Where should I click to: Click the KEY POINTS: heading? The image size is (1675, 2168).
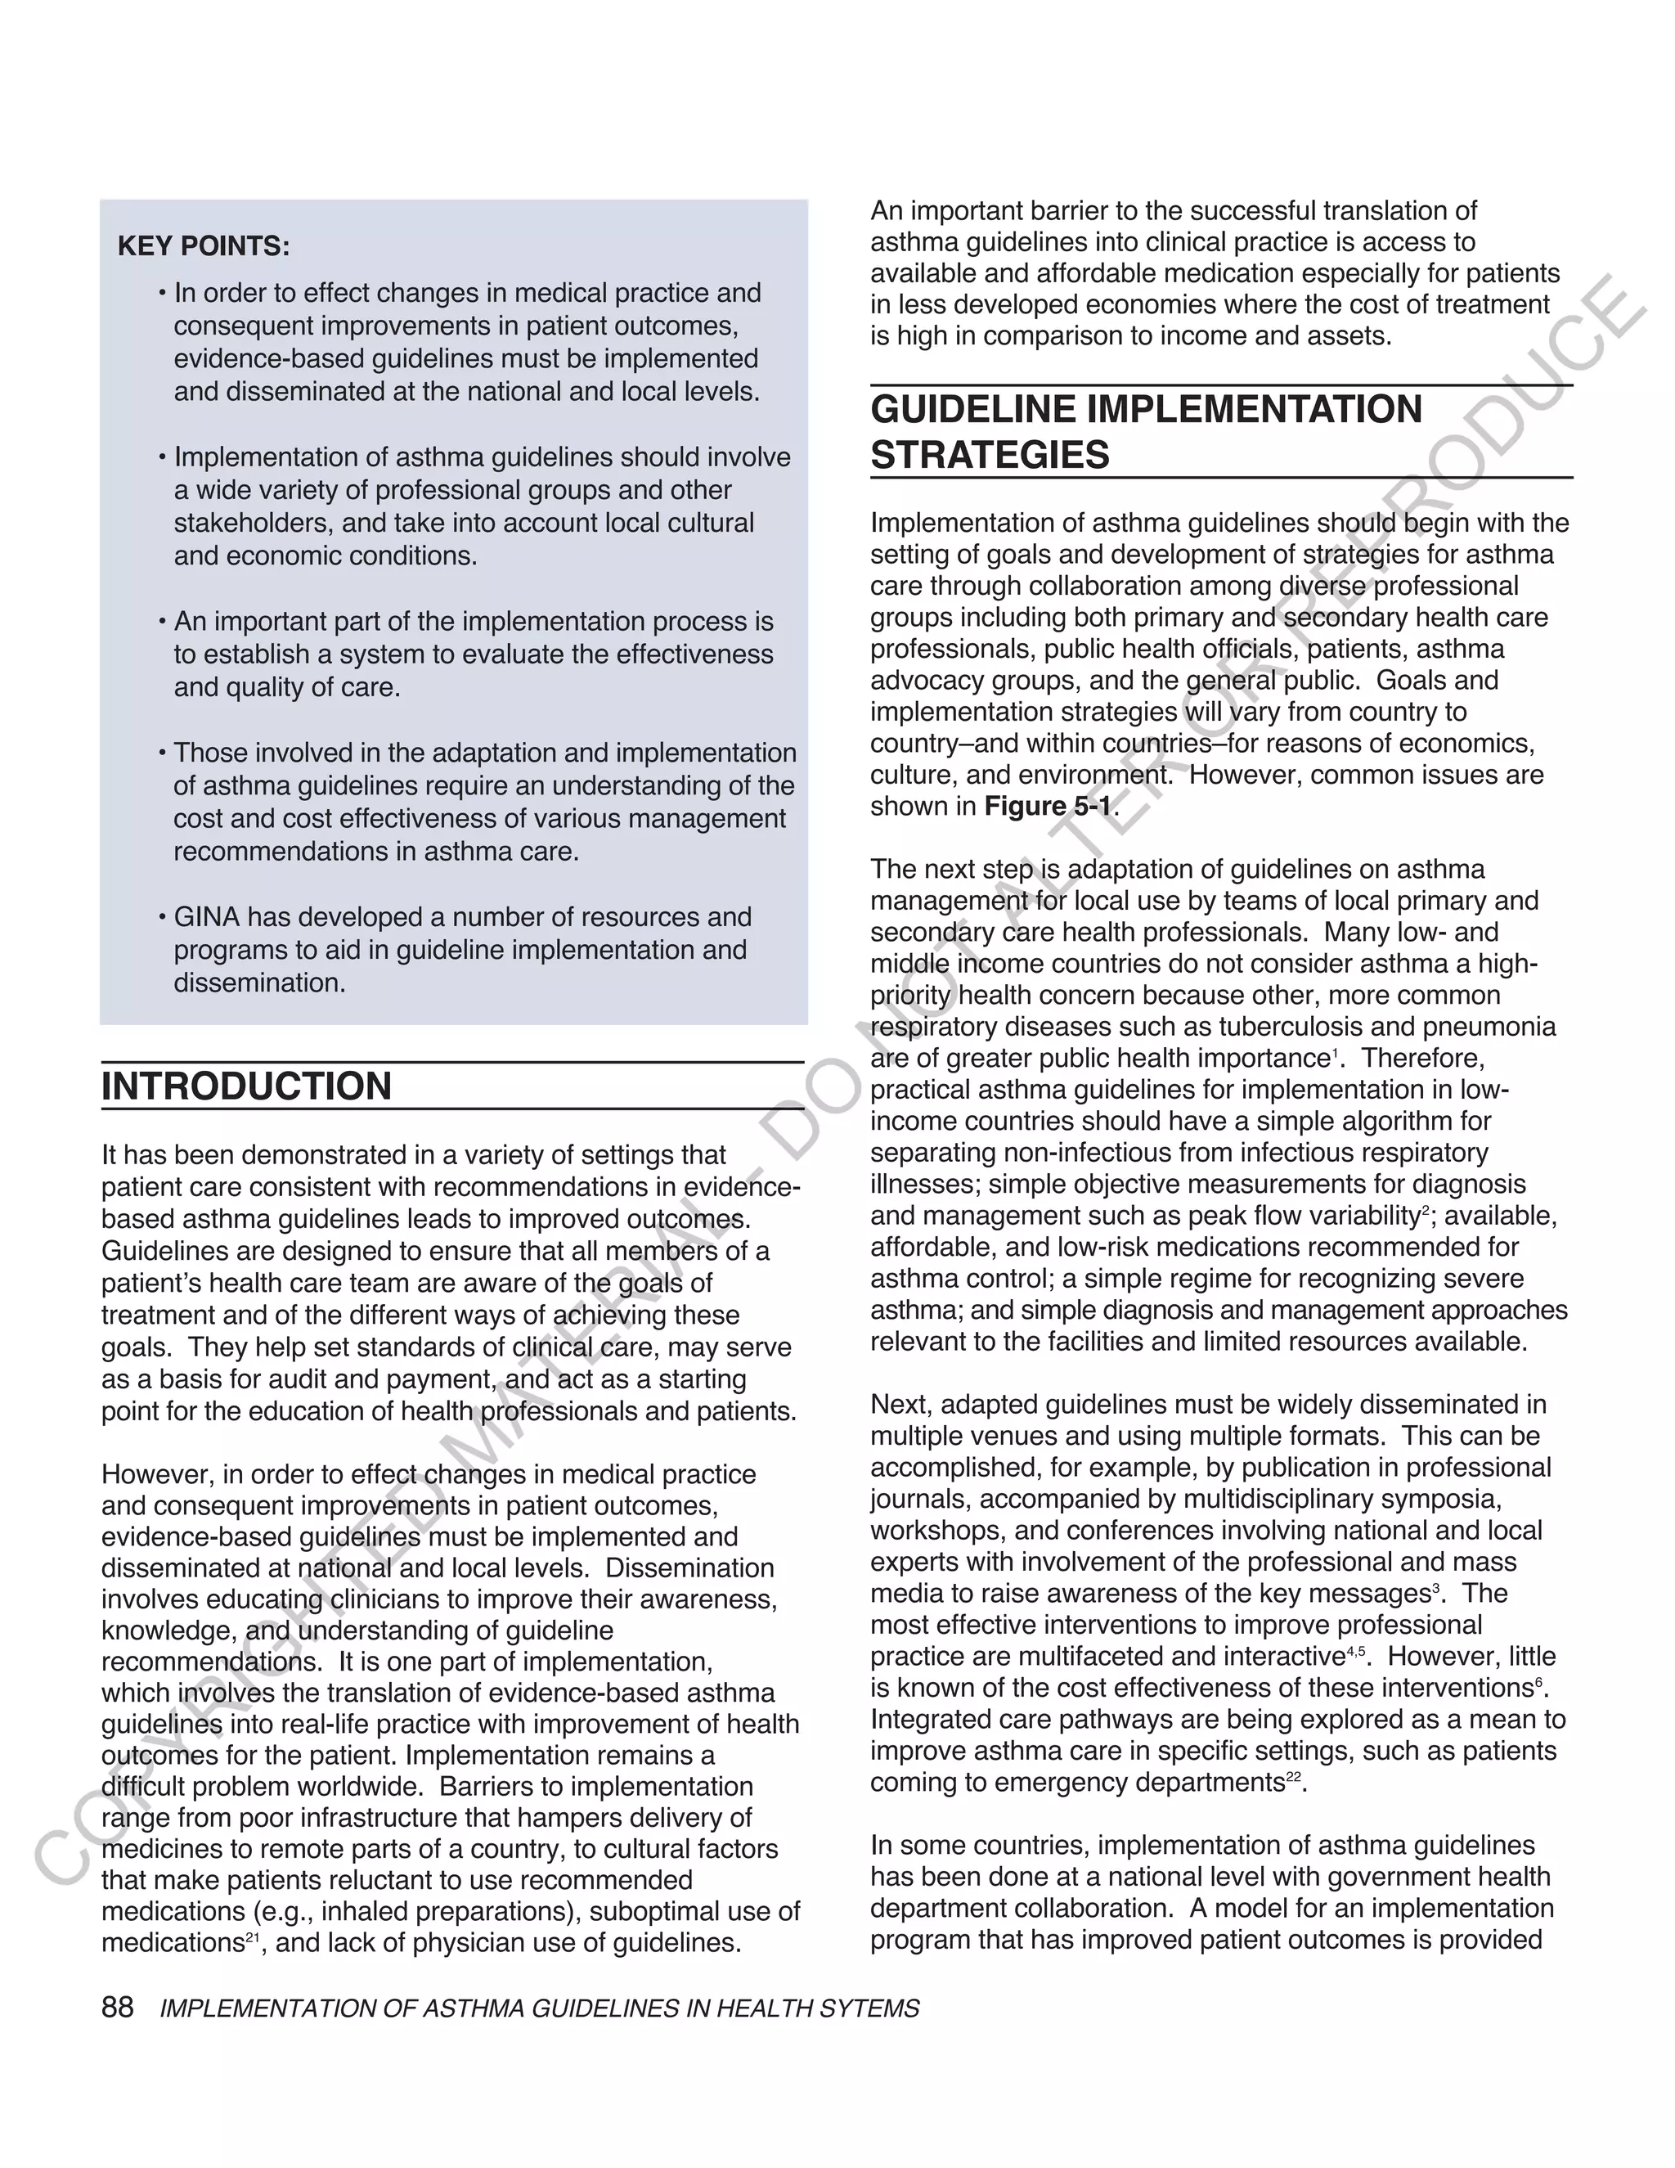(204, 246)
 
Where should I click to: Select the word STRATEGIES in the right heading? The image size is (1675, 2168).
(990, 456)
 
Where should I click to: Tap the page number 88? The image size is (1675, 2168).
(117, 2007)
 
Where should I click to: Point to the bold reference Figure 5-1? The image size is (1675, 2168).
(1047, 806)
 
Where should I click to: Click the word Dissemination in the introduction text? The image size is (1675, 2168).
(689, 1568)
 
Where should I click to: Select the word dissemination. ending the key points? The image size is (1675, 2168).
(260, 983)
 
